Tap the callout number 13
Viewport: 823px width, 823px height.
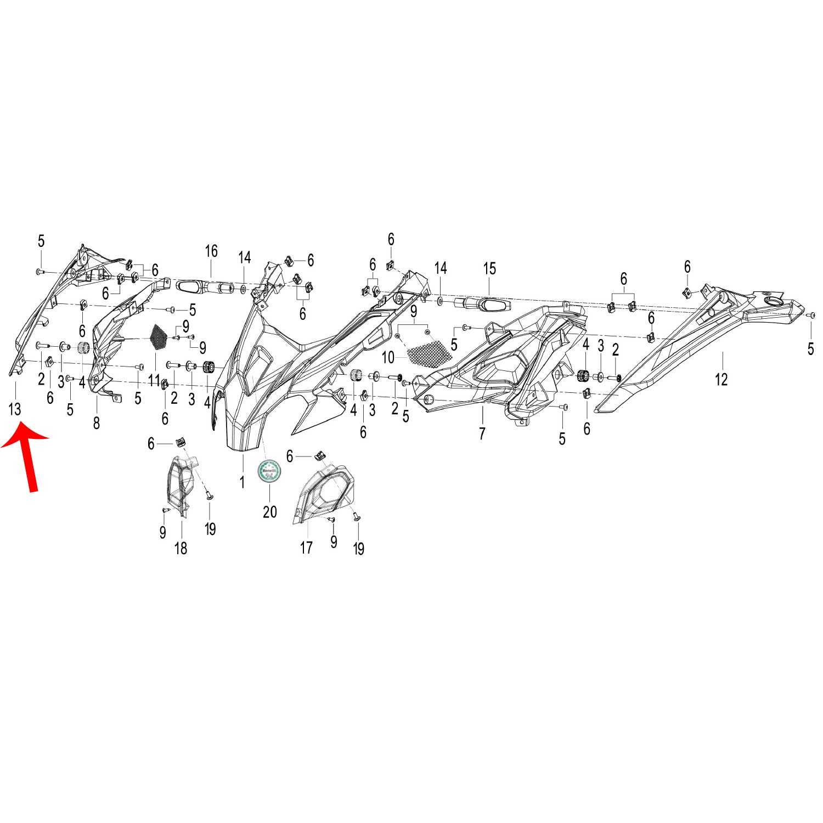click(x=15, y=409)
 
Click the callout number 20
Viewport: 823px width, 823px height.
click(x=269, y=511)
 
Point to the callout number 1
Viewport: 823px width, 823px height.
click(x=241, y=482)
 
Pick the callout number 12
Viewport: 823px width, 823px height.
click(x=721, y=379)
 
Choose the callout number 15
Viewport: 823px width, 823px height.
click(x=489, y=269)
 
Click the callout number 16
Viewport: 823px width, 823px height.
click(x=211, y=251)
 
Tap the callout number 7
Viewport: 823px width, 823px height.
click(x=482, y=433)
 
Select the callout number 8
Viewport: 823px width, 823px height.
click(x=97, y=423)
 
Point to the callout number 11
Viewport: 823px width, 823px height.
click(x=154, y=380)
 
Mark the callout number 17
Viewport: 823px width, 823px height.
click(x=306, y=547)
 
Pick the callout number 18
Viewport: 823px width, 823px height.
click(x=181, y=548)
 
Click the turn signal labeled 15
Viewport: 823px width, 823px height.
click(x=483, y=304)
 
